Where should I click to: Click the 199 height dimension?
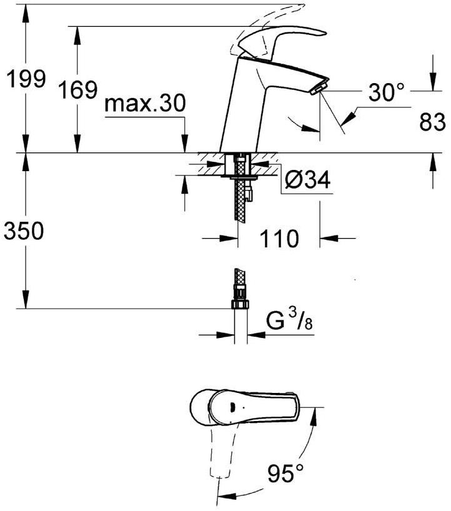coord(26,79)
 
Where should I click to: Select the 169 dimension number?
coord(77,89)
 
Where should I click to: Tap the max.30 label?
coord(146,103)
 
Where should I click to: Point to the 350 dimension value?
coord(24,231)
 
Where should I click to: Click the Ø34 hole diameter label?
coord(307,179)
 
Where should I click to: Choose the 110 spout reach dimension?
coord(279,239)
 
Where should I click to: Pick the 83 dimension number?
coord(432,122)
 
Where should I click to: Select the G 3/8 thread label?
coord(290,320)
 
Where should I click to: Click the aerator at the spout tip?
coord(319,87)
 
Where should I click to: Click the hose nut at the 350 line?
coord(240,304)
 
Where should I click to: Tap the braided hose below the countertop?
coord(240,199)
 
